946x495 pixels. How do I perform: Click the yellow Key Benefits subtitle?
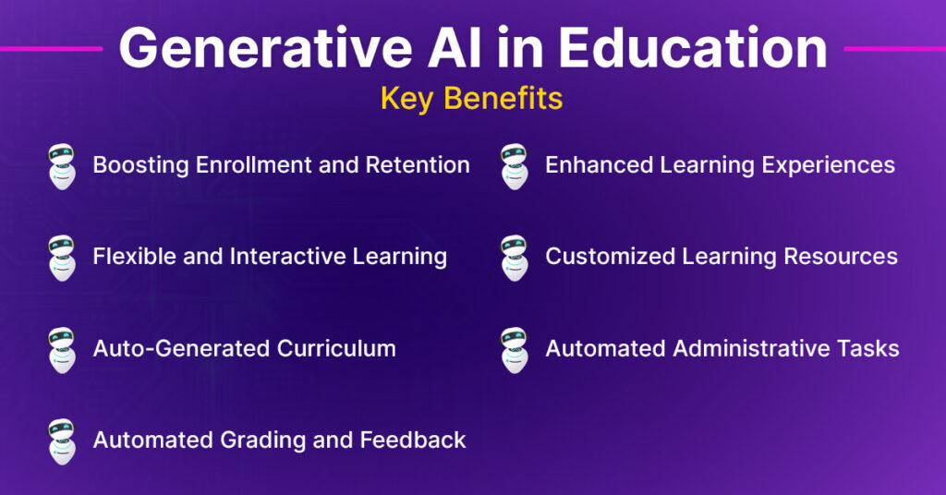click(471, 98)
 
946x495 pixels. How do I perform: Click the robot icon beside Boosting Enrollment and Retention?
click(61, 166)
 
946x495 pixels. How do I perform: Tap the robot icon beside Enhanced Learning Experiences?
click(514, 166)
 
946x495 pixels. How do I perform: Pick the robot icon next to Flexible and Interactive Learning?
click(61, 257)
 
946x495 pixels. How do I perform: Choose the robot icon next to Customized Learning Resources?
click(514, 257)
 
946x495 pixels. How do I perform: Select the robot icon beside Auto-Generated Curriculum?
click(61, 349)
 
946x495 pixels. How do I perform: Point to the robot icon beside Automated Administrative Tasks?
click(514, 349)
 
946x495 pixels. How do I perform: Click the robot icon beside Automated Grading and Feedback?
click(61, 441)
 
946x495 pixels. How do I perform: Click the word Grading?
click(261, 441)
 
